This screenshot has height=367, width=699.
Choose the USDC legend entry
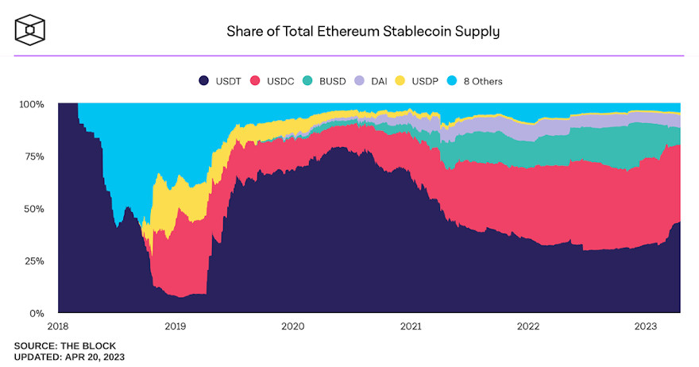pyautogui.click(x=272, y=81)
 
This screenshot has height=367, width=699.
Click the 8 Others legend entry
pyautogui.click(x=478, y=81)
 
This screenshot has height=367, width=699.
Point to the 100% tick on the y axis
pyautogui.click(x=32, y=104)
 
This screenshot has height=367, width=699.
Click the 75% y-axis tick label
pyautogui.click(x=34, y=156)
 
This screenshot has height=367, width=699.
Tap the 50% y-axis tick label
pyautogui.click(x=34, y=209)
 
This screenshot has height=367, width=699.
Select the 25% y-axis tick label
pyautogui.click(x=34, y=261)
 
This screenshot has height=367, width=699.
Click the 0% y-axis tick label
pyautogui.click(x=37, y=313)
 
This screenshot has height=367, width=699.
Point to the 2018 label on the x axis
pyautogui.click(x=58, y=326)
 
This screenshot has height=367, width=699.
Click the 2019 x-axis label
pyautogui.click(x=175, y=326)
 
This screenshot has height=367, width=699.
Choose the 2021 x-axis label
pyautogui.click(x=410, y=326)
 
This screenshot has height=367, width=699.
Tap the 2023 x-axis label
pyautogui.click(x=644, y=326)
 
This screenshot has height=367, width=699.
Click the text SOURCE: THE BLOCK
pyautogui.click(x=65, y=346)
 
